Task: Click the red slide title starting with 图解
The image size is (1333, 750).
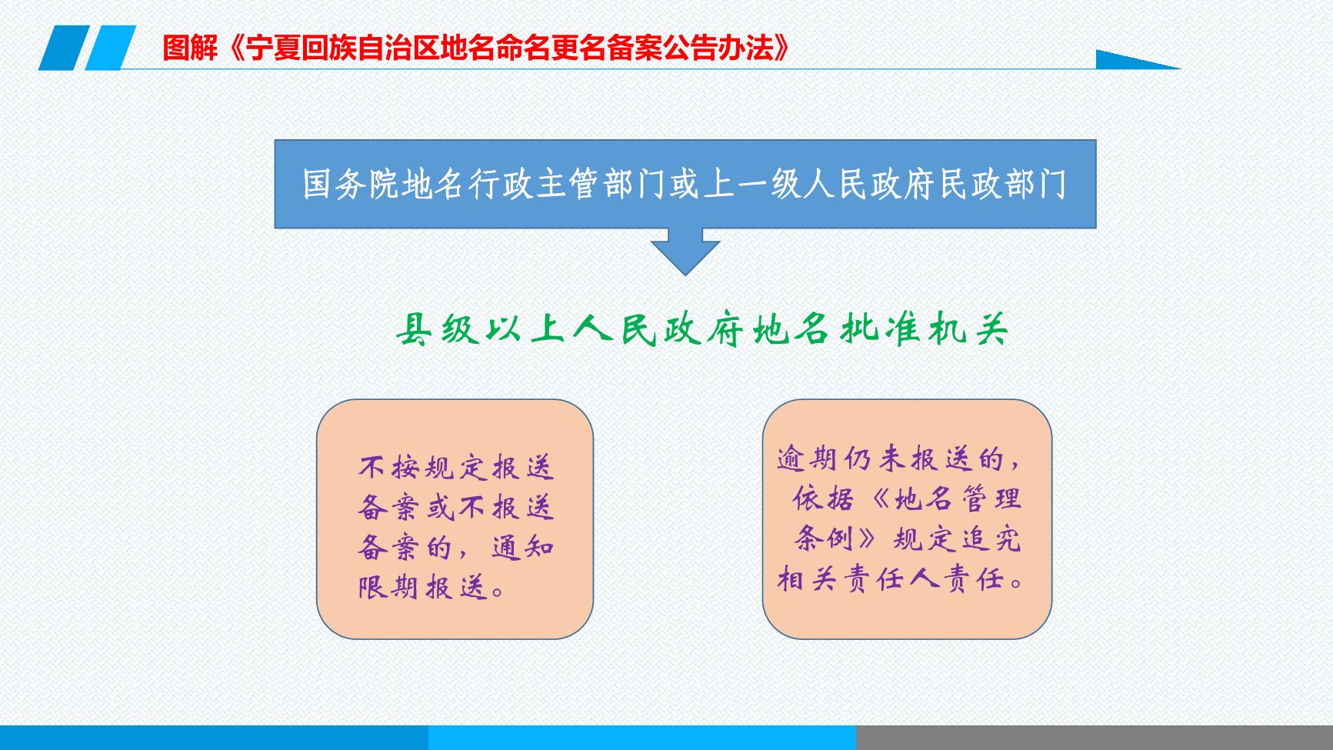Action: [x=477, y=48]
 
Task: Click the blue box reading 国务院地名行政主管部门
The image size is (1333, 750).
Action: [x=685, y=184]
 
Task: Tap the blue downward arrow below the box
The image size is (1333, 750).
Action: [x=685, y=252]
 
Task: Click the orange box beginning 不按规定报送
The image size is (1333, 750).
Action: [x=455, y=519]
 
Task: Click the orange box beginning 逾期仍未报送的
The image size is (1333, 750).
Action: [x=907, y=519]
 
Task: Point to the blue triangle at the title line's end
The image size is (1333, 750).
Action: [x=1138, y=59]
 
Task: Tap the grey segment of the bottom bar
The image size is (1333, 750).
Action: [x=1095, y=738]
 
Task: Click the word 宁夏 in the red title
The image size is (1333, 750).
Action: [x=269, y=48]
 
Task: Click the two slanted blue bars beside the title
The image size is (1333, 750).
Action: [x=87, y=48]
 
